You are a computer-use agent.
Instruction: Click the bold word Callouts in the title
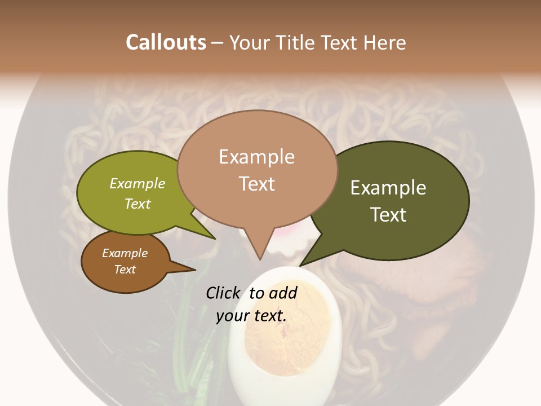tap(166, 42)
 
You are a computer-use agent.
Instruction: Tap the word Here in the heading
tap(385, 42)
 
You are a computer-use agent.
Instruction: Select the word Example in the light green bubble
tap(138, 183)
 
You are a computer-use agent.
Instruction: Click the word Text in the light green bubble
tap(138, 204)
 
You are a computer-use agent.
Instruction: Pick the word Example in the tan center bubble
tap(256, 157)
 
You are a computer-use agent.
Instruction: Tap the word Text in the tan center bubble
tap(256, 184)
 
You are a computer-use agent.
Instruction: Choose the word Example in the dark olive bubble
tap(388, 187)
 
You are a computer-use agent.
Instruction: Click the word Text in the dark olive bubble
tap(388, 214)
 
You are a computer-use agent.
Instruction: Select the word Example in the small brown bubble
tap(125, 253)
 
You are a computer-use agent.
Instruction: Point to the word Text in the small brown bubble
tap(125, 270)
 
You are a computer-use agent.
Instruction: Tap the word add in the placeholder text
tap(283, 293)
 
